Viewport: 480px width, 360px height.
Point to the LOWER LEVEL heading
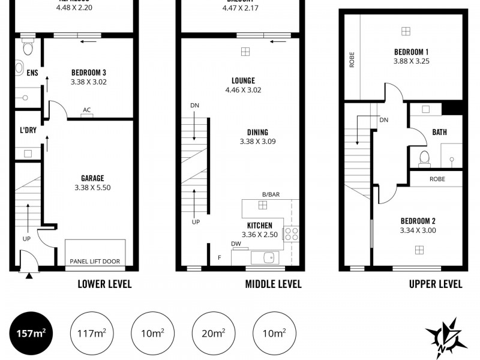tap(104, 284)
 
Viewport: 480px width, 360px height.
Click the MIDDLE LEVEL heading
tap(273, 284)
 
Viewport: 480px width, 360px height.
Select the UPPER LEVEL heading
tap(436, 284)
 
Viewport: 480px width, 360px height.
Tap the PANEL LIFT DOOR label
tap(95, 261)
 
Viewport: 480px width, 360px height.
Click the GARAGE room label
tap(92, 178)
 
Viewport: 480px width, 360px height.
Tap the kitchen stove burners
tap(291, 233)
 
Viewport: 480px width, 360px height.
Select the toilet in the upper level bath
tap(425, 158)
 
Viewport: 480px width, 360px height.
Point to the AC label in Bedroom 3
tap(87, 110)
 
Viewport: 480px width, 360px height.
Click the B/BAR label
tap(271, 194)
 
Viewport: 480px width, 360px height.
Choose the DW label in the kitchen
tap(236, 244)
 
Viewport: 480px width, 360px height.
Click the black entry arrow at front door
tap(29, 275)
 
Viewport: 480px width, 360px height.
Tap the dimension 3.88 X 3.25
tap(411, 61)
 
